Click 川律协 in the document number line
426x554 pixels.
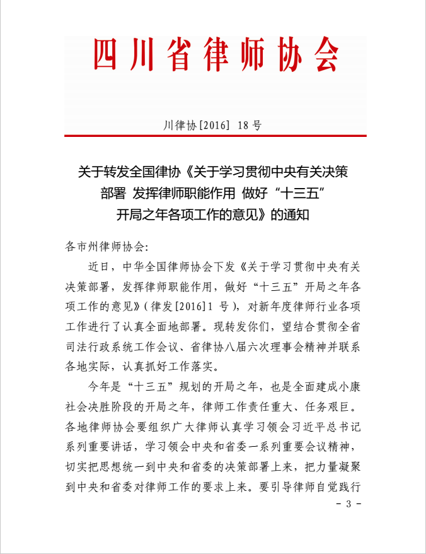point(180,125)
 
